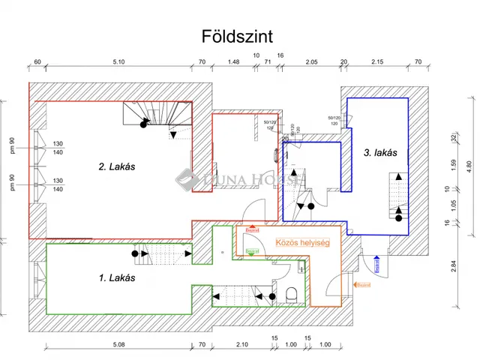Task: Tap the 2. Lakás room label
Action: pyautogui.click(x=116, y=166)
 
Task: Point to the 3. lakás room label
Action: pyautogui.click(x=380, y=152)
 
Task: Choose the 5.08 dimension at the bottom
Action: pyautogui.click(x=119, y=344)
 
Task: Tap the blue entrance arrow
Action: pyautogui.click(x=376, y=265)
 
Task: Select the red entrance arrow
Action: pyautogui.click(x=252, y=229)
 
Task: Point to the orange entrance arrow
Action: pyautogui.click(x=361, y=284)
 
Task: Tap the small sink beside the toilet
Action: pyautogui.click(x=302, y=268)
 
